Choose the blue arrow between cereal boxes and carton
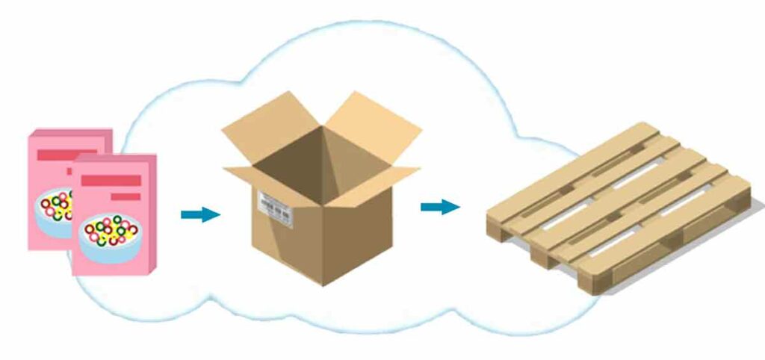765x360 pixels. (200, 215)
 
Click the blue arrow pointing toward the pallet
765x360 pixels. (439, 206)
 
